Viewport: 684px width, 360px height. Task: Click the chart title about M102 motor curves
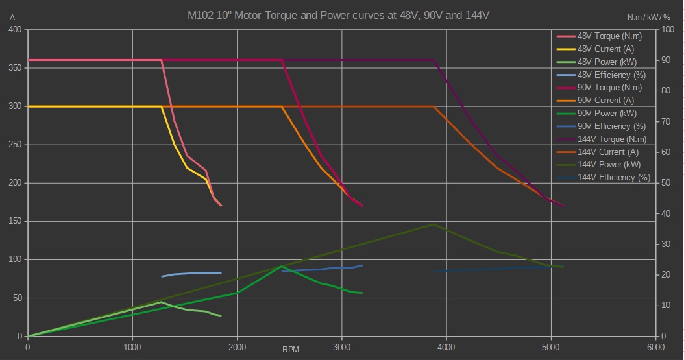click(x=343, y=15)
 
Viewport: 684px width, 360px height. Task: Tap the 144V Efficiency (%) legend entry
click(x=613, y=178)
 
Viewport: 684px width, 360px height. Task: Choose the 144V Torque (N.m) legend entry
click(x=611, y=139)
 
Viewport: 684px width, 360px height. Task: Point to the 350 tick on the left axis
click(x=14, y=68)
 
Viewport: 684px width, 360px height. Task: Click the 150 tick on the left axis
click(x=14, y=221)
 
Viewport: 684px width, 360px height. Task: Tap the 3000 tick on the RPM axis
click(x=342, y=347)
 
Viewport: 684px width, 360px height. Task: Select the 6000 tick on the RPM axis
click(x=656, y=347)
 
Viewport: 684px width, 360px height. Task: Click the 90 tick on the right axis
click(x=665, y=60)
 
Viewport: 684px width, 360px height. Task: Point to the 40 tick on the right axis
click(x=665, y=213)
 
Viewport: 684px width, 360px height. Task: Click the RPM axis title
click(x=291, y=350)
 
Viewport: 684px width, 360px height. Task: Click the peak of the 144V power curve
click(x=434, y=224)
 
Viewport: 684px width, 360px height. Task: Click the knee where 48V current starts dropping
click(x=162, y=106)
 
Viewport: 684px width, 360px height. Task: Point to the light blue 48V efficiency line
click(x=195, y=273)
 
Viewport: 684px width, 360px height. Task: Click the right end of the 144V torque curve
click(x=564, y=206)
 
